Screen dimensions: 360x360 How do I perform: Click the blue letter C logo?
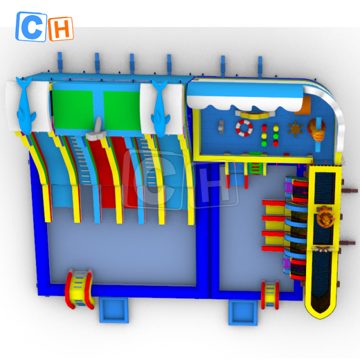[x=31, y=26]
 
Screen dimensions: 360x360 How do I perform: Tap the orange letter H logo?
[x=61, y=29]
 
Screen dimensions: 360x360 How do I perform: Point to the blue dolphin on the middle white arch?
[x=160, y=108]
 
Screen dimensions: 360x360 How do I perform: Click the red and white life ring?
[x=244, y=128]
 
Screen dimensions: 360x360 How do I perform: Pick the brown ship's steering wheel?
[x=295, y=129]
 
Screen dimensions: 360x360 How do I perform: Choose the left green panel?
[x=73, y=110]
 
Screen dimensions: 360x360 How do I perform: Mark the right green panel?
[x=122, y=110]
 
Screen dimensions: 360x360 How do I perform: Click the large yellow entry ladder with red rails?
[x=79, y=289]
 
